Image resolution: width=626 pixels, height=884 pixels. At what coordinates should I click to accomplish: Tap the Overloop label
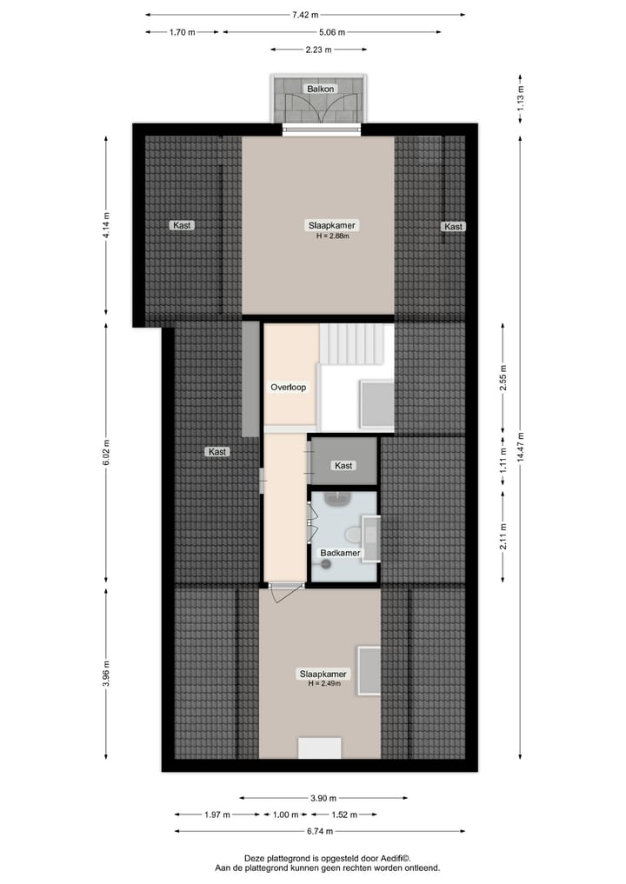(288, 388)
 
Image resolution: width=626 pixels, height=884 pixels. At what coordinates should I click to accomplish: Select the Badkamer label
(340, 553)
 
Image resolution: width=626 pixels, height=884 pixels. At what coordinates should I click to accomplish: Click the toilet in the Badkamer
(352, 534)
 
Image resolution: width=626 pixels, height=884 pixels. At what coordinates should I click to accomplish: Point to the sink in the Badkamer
(335, 500)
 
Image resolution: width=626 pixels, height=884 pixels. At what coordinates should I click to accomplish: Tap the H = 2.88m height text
(332, 236)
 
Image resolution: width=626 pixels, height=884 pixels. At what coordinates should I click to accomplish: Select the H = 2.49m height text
(323, 684)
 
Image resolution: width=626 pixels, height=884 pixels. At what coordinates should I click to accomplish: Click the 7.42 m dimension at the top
(304, 15)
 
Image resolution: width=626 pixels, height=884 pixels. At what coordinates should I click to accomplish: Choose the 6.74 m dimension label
(324, 831)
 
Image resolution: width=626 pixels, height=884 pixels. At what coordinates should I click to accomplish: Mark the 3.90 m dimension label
(323, 798)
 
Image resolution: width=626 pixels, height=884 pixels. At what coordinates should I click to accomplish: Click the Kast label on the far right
(453, 226)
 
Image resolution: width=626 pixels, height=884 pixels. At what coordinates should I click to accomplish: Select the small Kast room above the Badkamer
(344, 465)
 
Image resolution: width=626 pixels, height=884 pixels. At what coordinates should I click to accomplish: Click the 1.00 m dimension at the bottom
(285, 814)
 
